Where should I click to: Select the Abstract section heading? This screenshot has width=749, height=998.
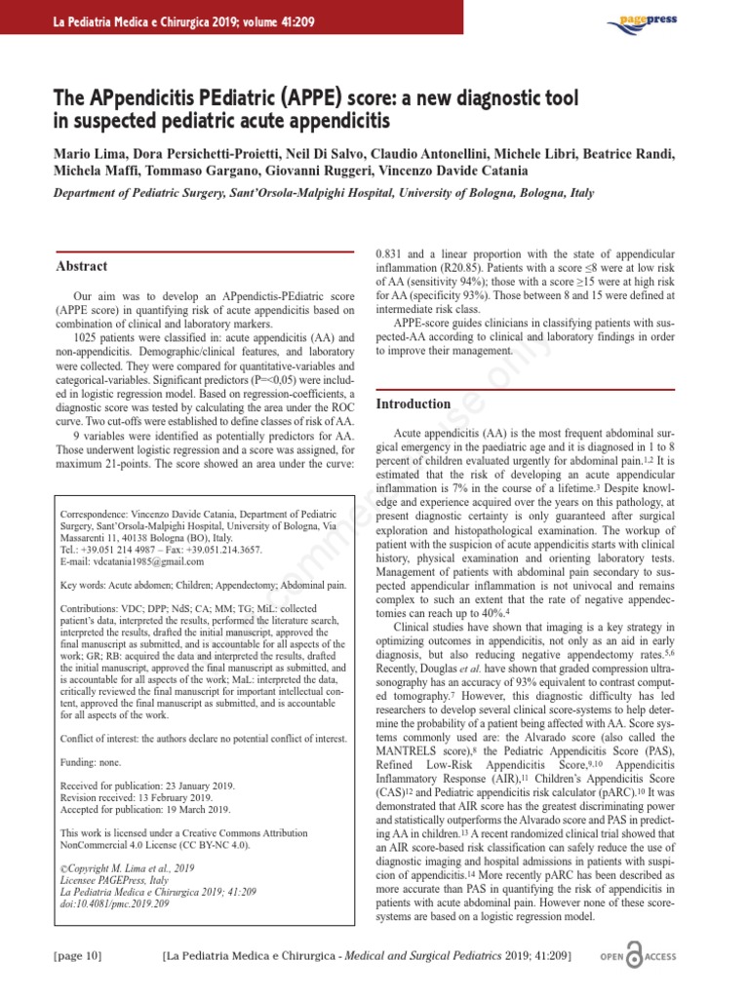pos(82,266)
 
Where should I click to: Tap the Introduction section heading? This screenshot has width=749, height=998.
pos(414,403)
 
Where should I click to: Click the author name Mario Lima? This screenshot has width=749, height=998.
pos(75,154)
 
